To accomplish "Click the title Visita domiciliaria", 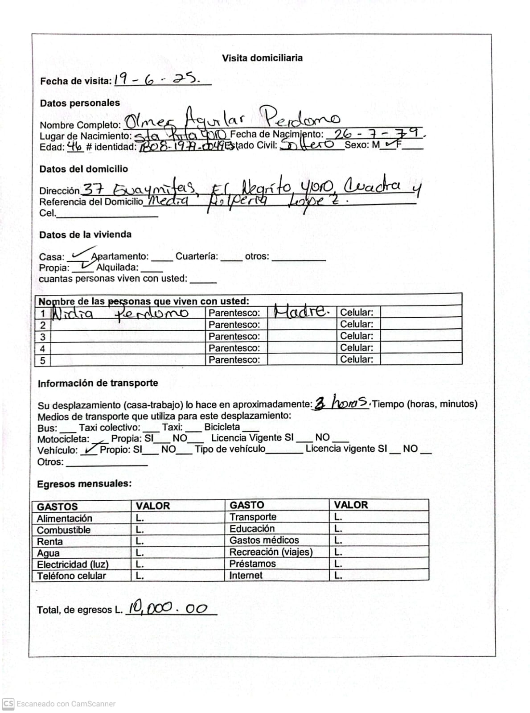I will pyautogui.click(x=262, y=58).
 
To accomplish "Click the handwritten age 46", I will pyautogui.click(x=75, y=146).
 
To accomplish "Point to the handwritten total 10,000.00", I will pyautogui.click(x=168, y=608).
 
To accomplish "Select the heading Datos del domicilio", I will pyautogui.click(x=83, y=169).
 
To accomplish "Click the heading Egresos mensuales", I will pyautogui.click(x=84, y=484).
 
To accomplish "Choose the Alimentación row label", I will pyautogui.click(x=65, y=519).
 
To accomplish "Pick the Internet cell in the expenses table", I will pyautogui.click(x=246, y=575).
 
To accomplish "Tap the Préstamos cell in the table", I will pyautogui.click(x=252, y=564).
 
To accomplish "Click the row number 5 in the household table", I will pyautogui.click(x=43, y=360).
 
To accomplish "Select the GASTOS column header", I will pyautogui.click(x=58, y=507).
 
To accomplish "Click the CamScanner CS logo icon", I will pyautogui.click(x=8, y=704).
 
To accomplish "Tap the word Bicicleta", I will pyautogui.click(x=222, y=427).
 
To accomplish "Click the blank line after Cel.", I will pyautogui.click(x=107, y=214).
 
